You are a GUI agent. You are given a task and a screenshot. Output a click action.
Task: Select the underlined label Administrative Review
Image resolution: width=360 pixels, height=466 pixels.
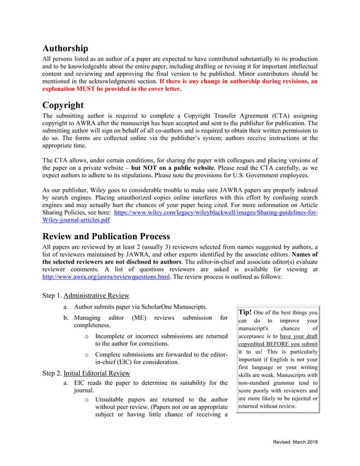point(96,296)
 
